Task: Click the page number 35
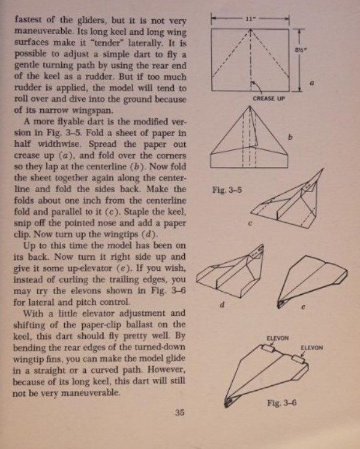(x=179, y=412)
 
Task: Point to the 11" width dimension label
(x=251, y=19)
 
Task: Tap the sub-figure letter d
(x=221, y=304)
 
